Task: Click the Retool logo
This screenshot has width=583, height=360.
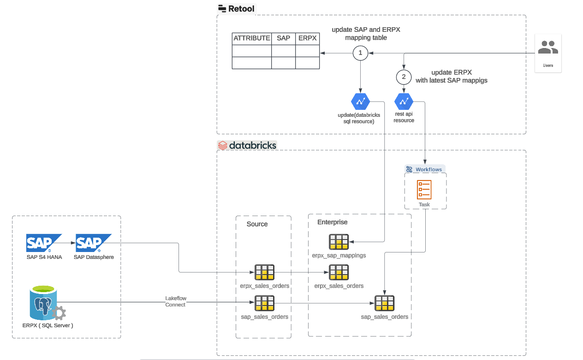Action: coord(236,8)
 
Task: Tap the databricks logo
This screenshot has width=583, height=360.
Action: coord(247,145)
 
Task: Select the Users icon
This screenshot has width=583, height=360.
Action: coord(548,48)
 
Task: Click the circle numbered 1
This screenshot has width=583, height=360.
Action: coord(360,53)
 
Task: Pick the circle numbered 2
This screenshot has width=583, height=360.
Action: coord(404,76)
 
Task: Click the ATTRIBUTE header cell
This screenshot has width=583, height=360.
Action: coord(251,38)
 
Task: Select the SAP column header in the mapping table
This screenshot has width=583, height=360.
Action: coord(283,38)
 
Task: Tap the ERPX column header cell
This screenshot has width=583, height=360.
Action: coord(308,38)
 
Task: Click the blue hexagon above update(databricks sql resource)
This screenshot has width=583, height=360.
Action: coord(360,101)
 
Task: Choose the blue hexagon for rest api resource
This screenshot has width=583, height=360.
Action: coord(404,101)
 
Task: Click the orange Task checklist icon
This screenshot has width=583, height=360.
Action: coord(424,190)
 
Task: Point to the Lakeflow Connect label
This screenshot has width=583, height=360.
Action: coord(176,301)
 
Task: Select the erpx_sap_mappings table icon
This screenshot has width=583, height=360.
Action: coord(339,242)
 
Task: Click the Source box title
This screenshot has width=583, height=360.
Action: coord(257,224)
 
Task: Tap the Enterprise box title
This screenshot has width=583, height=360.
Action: coord(332,222)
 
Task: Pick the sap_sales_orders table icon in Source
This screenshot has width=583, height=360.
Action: coord(265,303)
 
